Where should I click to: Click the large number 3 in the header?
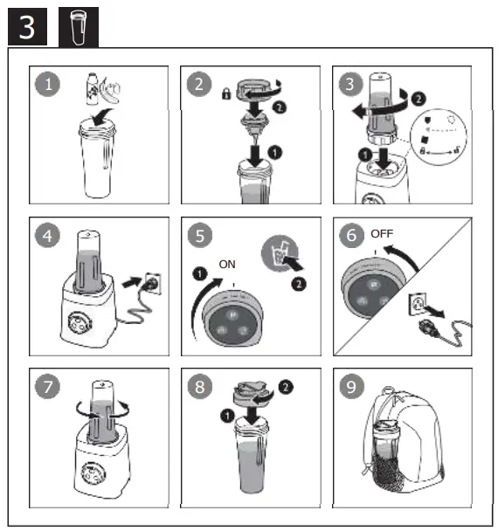point(27,27)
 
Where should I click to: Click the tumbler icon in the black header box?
point(79,27)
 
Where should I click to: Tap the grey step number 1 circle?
point(47,84)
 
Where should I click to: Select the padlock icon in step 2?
point(226,93)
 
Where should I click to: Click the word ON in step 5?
point(227,264)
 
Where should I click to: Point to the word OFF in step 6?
point(382,233)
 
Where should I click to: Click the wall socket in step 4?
point(153,283)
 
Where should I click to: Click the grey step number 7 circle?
point(47,386)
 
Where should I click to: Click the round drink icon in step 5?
point(280,253)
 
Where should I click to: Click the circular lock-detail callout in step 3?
point(439,137)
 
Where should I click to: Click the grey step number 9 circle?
point(351,386)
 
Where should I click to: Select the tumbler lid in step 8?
point(252,393)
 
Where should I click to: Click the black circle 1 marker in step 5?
point(199,273)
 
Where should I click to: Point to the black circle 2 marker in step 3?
point(418,99)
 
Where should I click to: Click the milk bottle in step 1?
point(92,89)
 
